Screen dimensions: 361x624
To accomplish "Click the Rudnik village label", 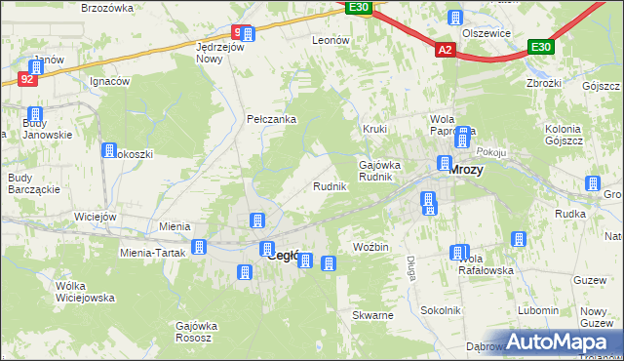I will coord(329,185).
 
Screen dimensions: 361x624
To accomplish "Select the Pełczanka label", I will coord(271,119).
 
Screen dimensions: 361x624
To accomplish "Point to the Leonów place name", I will coord(331,40).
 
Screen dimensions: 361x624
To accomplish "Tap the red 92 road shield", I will coord(27,79).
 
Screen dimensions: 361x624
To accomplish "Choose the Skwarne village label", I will coord(373,316).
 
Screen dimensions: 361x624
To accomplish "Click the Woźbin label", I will coord(370,247).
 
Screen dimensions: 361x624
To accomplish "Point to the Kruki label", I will coord(375,129).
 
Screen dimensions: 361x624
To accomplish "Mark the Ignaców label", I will coord(109,81).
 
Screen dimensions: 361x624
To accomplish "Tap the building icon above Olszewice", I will coord(454,17).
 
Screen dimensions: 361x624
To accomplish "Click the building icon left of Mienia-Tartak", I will coord(199,248).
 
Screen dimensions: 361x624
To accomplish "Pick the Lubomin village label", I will coord(538,309).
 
